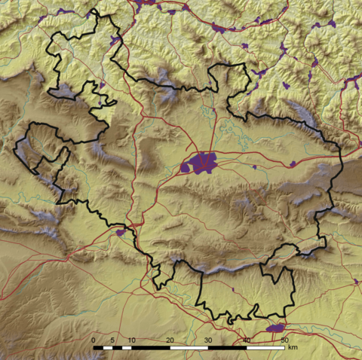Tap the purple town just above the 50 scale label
point(276,328)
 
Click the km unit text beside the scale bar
point(293,347)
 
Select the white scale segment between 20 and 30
point(189,349)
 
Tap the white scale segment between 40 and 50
point(265,349)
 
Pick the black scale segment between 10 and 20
point(151,349)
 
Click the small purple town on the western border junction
point(121,233)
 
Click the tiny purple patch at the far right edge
point(357,281)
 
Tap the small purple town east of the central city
point(254,166)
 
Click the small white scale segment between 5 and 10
point(122,349)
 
